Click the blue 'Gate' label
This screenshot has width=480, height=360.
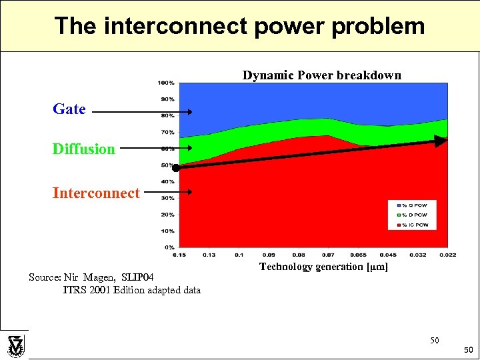tap(69, 109)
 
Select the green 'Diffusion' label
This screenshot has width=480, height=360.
tap(84, 149)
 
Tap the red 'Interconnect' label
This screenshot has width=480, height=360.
tap(97, 193)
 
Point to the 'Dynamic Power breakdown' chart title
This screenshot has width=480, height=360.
tap(321, 75)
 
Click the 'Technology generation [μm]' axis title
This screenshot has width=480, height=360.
tap(323, 267)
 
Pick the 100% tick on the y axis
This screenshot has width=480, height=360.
tap(166, 83)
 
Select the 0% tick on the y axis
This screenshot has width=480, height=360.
tap(169, 247)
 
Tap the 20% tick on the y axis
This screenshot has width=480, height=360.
tap(167, 215)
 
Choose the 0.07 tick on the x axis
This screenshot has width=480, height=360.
tap(327, 255)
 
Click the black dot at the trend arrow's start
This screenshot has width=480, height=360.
tap(185, 168)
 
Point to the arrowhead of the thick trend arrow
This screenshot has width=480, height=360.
tap(439, 141)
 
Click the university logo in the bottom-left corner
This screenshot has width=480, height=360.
tap(15, 345)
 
